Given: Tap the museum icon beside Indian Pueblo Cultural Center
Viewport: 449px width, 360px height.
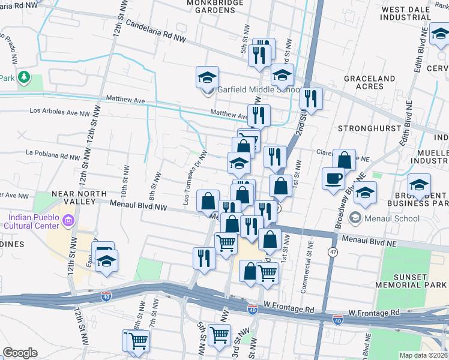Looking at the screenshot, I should pyautogui.click(x=67, y=221).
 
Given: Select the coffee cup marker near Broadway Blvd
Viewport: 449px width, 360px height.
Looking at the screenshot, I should pyautogui.click(x=333, y=178).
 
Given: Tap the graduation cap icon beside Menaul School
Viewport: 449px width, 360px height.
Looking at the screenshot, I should pyautogui.click(x=356, y=217).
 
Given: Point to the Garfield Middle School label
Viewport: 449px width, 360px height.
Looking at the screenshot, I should pyautogui.click(x=258, y=90).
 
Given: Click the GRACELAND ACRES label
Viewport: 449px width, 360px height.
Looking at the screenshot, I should pyautogui.click(x=369, y=82).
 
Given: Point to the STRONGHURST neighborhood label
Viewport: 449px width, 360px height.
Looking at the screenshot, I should pyautogui.click(x=363, y=128).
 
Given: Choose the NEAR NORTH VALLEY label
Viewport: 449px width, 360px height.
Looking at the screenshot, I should pyautogui.click(x=74, y=197).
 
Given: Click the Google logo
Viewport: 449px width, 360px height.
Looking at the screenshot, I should pyautogui.click(x=20, y=353).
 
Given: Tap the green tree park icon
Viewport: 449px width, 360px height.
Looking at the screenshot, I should pyautogui.click(x=23, y=77).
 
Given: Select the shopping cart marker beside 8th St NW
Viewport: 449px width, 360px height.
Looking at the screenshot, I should pyautogui.click(x=138, y=340).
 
